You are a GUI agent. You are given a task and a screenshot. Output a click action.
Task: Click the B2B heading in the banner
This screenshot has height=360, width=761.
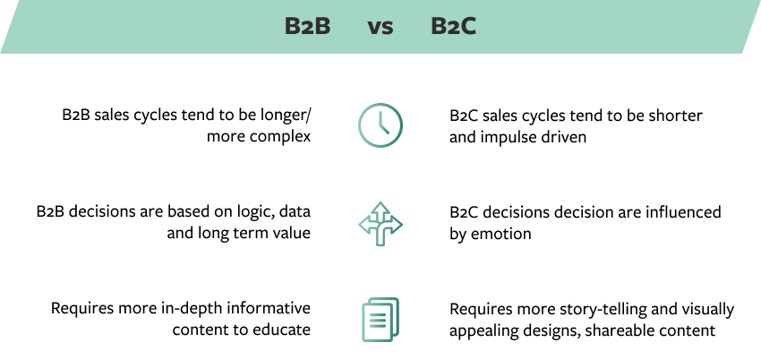click(307, 26)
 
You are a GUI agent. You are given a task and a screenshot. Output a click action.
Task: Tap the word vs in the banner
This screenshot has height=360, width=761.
click(380, 28)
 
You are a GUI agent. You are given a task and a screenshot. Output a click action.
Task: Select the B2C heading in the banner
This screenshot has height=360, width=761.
click(453, 26)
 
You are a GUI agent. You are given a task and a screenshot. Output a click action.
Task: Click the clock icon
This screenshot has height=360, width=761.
click(380, 125)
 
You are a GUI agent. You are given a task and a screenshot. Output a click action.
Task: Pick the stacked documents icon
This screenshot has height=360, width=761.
click(380, 320)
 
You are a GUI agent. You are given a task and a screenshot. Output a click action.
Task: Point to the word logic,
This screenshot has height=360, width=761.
click(274, 213)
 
